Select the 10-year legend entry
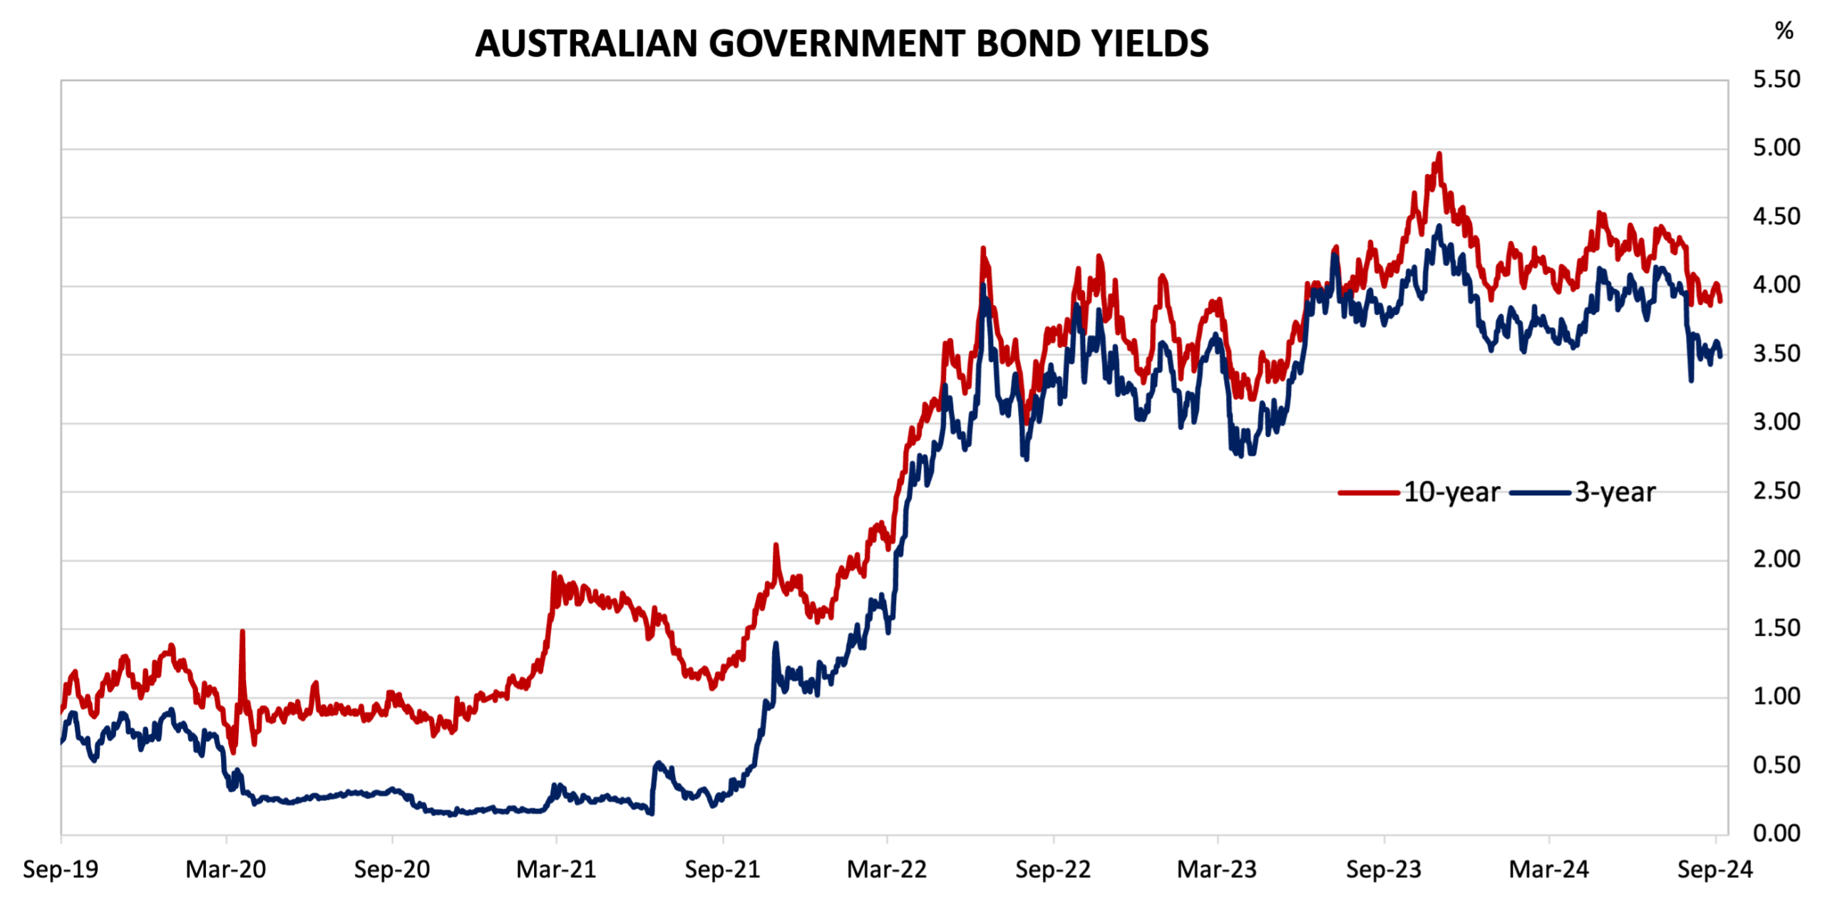coord(1451,492)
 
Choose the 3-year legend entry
coord(1614,492)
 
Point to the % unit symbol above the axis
coord(1784,31)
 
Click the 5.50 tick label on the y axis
coord(1776,79)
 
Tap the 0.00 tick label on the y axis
coord(1776,833)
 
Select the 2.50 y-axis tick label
coord(1776,491)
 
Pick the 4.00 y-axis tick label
coord(1776,285)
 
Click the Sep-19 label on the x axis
coord(61,870)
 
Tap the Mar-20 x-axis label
coord(226,870)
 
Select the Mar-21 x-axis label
coord(556,870)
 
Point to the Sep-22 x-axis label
coord(1053,870)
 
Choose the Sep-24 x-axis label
coord(1715,870)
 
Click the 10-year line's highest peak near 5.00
coord(1439,154)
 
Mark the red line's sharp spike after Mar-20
coord(242,632)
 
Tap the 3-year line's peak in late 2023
coord(1439,227)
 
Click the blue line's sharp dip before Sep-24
coord(1691,380)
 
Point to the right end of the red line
coord(1721,301)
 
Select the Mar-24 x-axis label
coord(1549,870)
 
